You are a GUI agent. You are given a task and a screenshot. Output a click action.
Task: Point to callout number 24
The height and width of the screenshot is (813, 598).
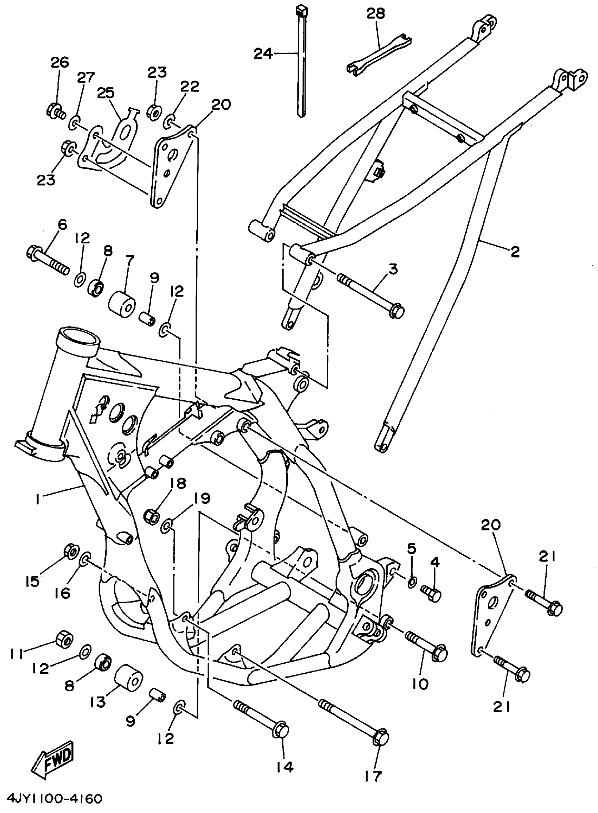263,54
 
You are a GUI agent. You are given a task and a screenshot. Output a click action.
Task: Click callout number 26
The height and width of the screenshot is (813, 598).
60,62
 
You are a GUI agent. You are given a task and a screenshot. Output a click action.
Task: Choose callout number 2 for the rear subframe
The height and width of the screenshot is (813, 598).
515,252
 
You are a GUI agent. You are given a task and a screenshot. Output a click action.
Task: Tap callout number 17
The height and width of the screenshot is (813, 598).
373,775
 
